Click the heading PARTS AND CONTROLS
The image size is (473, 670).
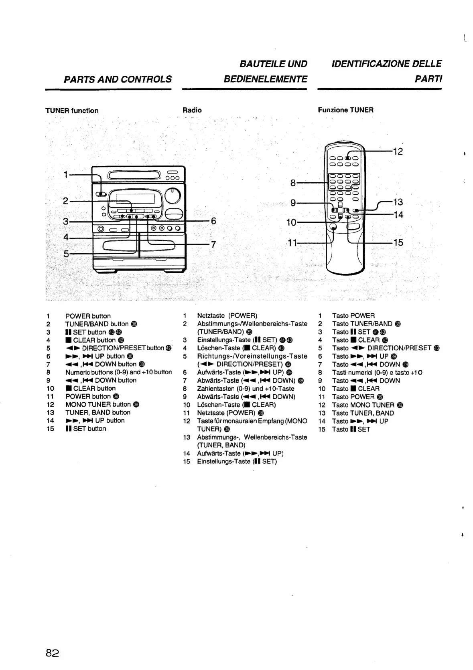click(118, 79)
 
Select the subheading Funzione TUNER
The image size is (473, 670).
click(345, 110)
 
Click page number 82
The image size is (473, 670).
click(52, 653)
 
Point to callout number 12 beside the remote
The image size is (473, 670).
click(398, 151)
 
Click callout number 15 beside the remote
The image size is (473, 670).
click(398, 242)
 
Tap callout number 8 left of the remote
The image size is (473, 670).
click(293, 183)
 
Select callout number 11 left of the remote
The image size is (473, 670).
click(292, 242)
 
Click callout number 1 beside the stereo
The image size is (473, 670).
click(66, 174)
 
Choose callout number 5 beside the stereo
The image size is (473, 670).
click(66, 253)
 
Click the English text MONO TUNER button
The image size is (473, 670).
click(98, 404)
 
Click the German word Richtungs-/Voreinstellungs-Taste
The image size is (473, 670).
click(252, 356)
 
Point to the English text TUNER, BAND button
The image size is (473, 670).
click(98, 412)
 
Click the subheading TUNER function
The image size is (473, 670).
click(72, 111)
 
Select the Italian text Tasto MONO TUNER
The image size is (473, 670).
click(363, 405)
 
